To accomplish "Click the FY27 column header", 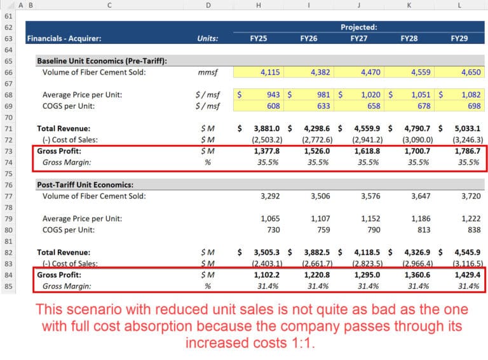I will click(360, 38).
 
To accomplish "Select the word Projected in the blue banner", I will click(358, 27).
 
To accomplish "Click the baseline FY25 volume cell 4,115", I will click(270, 72).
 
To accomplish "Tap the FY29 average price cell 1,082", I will click(468, 95).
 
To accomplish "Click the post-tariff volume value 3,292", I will click(270, 196).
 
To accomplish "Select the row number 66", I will click(8, 72).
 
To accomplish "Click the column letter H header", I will click(259, 5).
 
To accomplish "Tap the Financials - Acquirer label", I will click(64, 38).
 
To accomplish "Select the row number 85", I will click(8, 286).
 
